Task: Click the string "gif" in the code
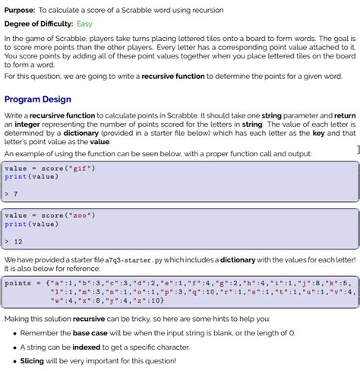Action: (x=79, y=168)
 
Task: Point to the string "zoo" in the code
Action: (x=79, y=215)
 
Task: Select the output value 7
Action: (x=15, y=193)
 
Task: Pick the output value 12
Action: (x=17, y=241)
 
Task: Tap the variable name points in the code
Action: (x=17, y=283)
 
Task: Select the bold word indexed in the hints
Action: (x=95, y=347)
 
